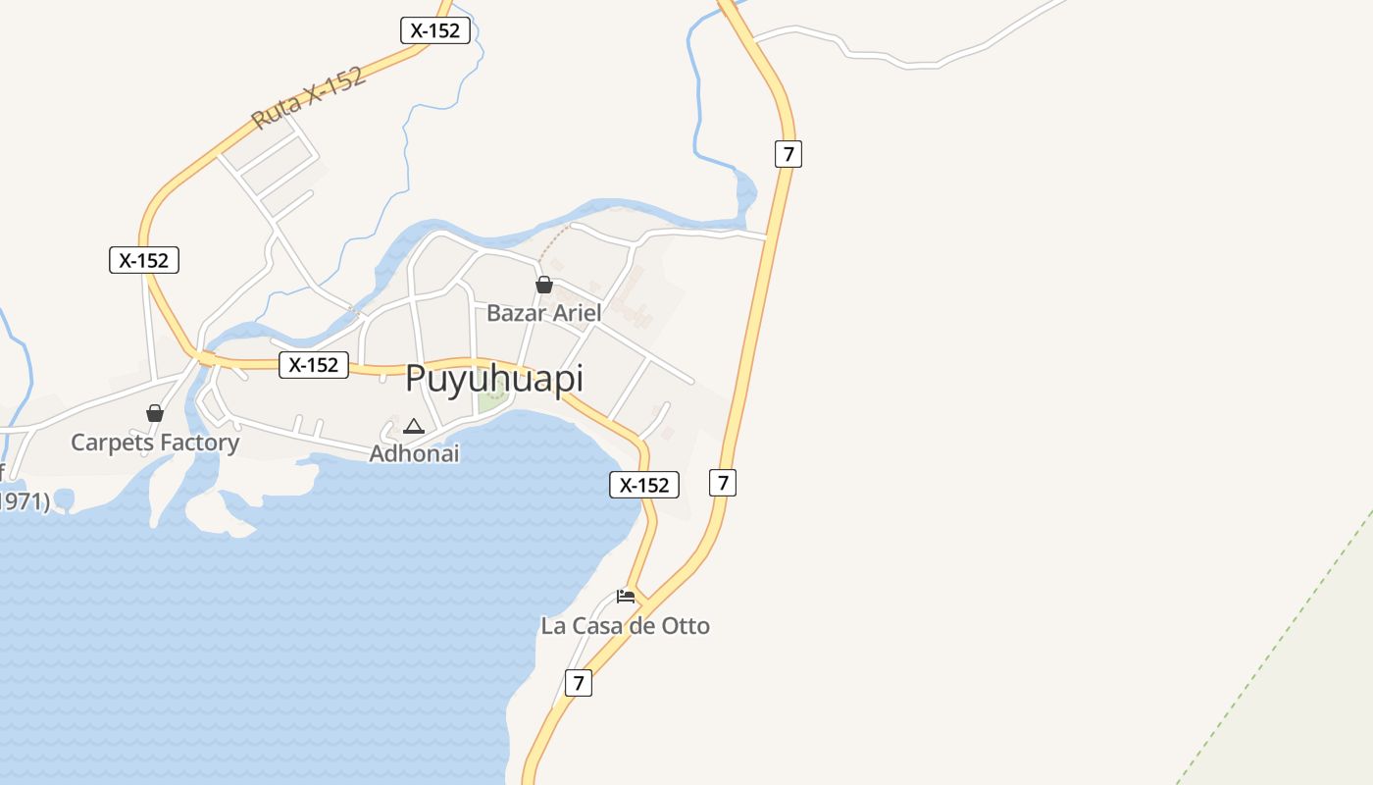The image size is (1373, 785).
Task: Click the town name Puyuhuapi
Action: point(494,379)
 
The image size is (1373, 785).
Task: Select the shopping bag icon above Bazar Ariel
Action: point(544,285)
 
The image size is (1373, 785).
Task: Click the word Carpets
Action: point(111,443)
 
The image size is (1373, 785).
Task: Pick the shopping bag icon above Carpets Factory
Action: point(155,413)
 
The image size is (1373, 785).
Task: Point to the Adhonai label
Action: point(414,453)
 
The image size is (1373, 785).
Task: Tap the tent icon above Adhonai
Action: point(414,426)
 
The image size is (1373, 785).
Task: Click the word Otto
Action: point(686,626)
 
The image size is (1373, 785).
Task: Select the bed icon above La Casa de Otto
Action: point(626,596)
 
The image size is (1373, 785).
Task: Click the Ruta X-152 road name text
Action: point(308,98)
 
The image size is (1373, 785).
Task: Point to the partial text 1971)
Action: point(24,501)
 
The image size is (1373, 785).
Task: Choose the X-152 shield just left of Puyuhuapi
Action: point(314,365)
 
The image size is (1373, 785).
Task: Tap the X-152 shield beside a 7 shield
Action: point(644,485)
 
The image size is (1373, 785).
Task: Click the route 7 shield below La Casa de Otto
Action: point(579,683)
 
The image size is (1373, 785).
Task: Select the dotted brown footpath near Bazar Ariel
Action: point(553,242)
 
